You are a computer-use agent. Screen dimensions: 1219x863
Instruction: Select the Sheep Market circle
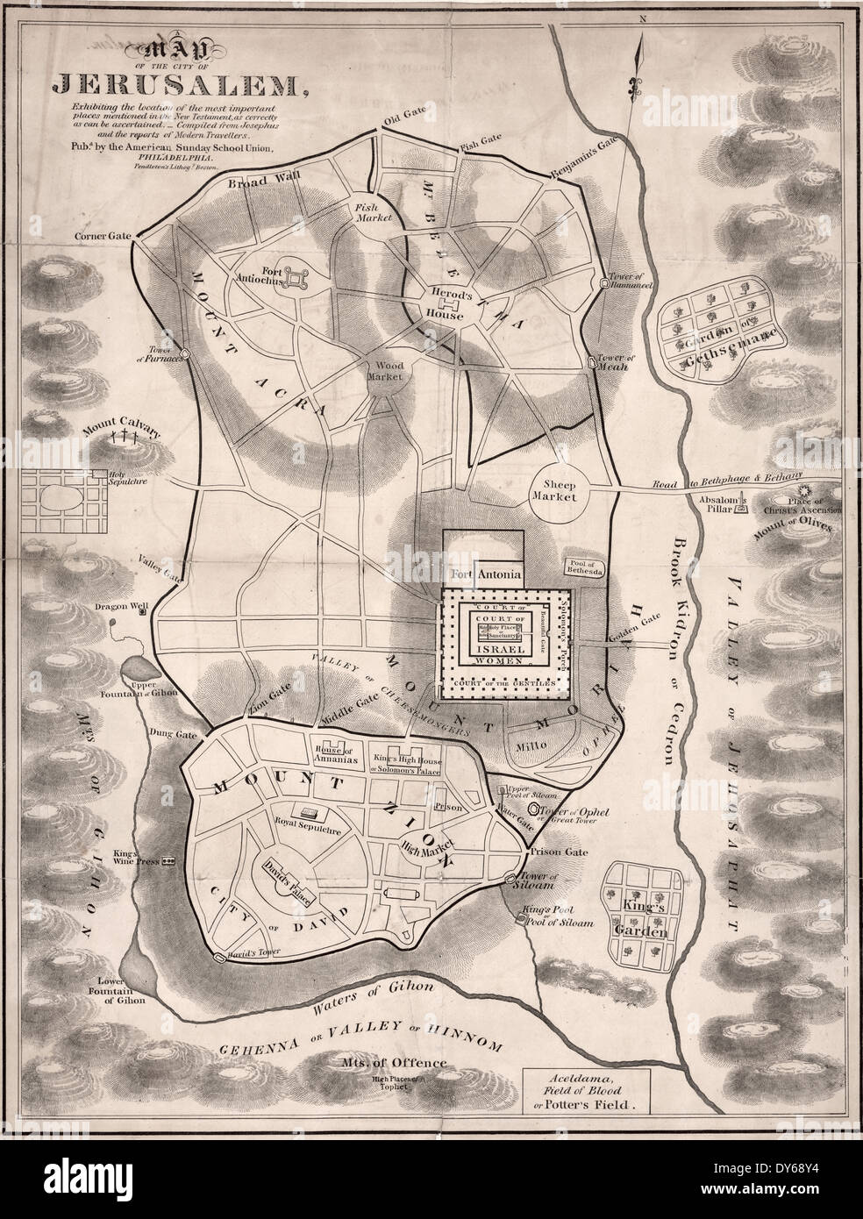557,488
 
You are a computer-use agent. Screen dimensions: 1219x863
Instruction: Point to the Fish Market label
365,214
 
